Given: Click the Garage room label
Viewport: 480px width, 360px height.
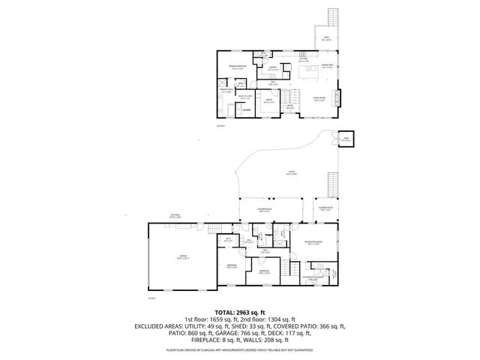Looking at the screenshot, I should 182,256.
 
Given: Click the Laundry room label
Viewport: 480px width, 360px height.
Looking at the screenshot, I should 244,110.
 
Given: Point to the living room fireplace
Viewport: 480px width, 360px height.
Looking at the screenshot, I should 337,97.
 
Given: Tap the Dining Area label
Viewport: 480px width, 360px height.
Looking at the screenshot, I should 327,66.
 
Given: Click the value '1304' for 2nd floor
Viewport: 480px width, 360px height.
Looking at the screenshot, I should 279,319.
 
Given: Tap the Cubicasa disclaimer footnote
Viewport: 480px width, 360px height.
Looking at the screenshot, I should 240,349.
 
